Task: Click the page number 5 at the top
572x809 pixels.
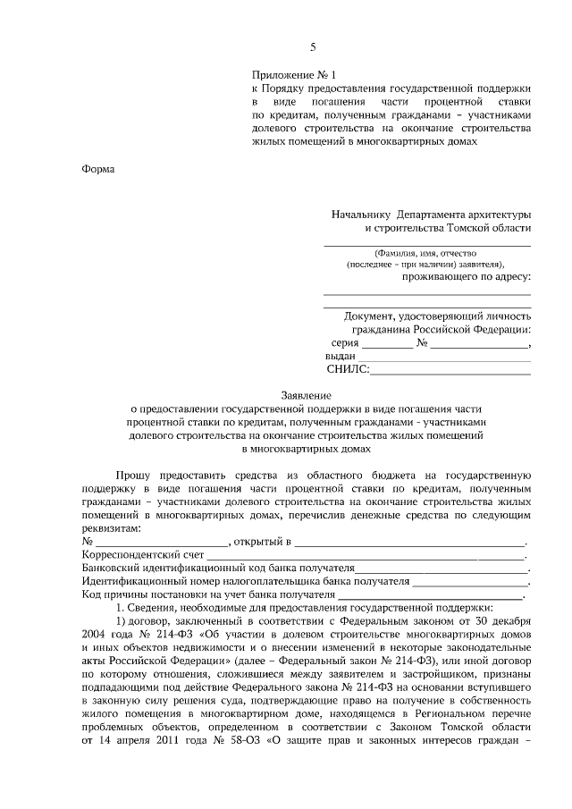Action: tap(313, 46)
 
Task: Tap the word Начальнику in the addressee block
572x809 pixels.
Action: tap(362, 215)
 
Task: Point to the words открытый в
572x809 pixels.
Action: tap(263, 542)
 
